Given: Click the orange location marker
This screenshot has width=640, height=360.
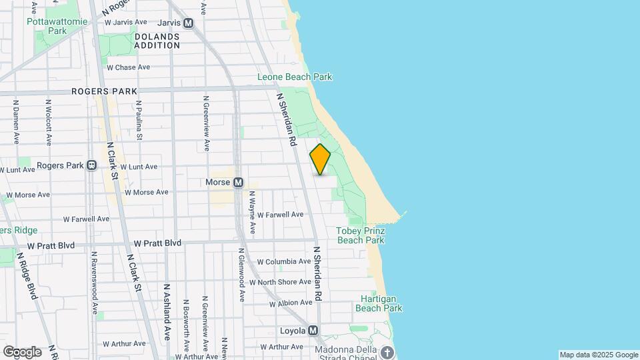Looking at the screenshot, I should click(321, 159).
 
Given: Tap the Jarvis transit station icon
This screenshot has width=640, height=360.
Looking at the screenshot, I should click(189, 23).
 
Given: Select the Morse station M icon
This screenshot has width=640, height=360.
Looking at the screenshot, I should click(237, 182).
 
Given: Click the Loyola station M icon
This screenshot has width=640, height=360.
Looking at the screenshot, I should click(313, 330).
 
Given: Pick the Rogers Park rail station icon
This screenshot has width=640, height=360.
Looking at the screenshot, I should click(91, 165).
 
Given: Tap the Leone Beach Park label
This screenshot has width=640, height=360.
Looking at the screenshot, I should click(295, 77).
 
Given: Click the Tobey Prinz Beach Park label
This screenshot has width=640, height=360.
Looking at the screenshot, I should click(360, 235).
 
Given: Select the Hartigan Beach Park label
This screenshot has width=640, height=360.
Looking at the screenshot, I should click(379, 303).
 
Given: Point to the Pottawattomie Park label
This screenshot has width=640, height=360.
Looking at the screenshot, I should click(47, 26).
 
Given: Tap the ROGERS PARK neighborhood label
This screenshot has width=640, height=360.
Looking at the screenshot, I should click(104, 91).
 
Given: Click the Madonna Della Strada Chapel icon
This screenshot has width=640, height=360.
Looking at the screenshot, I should click(387, 352).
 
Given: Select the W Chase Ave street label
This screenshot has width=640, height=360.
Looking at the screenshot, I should click(127, 67).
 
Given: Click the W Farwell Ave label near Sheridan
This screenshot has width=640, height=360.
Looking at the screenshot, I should click(280, 215).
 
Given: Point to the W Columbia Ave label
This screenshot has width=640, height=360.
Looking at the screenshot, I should click(284, 262).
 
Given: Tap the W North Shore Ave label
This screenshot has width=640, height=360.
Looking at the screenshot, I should click(281, 282).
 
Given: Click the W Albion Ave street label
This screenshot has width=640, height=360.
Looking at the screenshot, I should click(291, 303).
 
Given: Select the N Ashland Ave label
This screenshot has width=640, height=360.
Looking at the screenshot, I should click(167, 311).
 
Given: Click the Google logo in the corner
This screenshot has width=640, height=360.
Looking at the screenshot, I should click(21, 352).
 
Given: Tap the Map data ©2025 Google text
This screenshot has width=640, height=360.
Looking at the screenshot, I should click(598, 355).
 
